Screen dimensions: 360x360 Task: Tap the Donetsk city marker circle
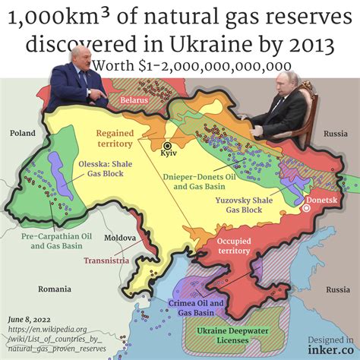[x=308, y=207]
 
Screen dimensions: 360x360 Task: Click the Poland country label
[x=22, y=134]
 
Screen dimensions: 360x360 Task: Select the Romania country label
[x=54, y=289]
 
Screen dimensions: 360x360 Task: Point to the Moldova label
[x=120, y=238]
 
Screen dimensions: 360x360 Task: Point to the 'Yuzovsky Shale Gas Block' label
[x=244, y=204]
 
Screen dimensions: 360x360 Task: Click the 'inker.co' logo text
[x=331, y=350]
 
